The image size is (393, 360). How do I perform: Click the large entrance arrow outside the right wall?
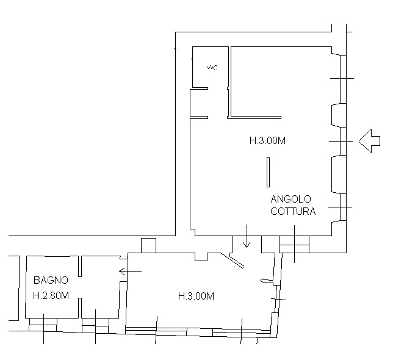(x=369, y=141)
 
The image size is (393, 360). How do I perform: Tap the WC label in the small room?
(x=212, y=68)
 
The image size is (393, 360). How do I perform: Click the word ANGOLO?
(x=290, y=199)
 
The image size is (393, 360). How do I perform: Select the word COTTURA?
(x=293, y=211)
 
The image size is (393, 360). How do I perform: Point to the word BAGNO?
(x=51, y=280)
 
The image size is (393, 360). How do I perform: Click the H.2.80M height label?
(x=51, y=295)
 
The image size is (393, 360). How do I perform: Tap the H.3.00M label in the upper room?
(x=267, y=140)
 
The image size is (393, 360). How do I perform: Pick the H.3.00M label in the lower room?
(x=196, y=297)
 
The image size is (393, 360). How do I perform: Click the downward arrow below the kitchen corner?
(x=247, y=236)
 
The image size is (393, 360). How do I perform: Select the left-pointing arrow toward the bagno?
(x=131, y=271)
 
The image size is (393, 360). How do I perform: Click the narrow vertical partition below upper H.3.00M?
(x=268, y=172)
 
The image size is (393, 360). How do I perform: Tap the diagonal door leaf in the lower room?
(x=232, y=261)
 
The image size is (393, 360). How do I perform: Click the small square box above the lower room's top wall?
(x=149, y=245)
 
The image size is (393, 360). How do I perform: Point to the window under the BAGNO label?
(x=43, y=325)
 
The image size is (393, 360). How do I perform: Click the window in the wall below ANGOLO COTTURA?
(x=294, y=244)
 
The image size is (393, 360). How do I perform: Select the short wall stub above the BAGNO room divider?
(x=80, y=266)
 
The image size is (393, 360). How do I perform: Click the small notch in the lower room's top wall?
(x=201, y=257)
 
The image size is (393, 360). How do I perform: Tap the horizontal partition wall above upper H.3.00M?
(x=254, y=117)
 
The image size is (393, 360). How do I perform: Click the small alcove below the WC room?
(x=199, y=103)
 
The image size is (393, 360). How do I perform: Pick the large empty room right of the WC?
(x=281, y=81)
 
